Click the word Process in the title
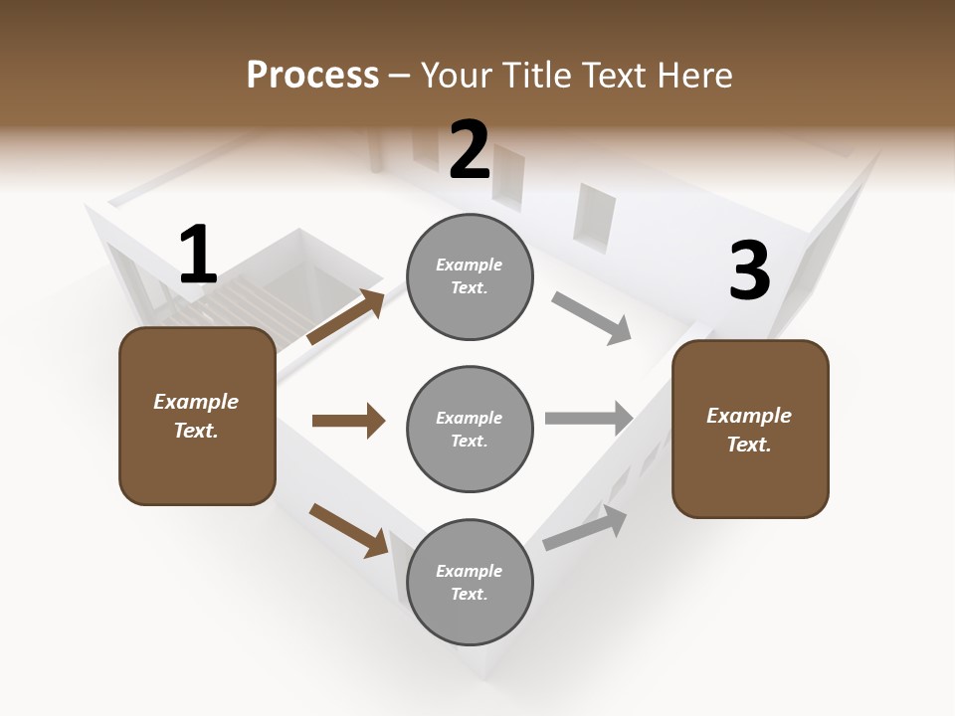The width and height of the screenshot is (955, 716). tap(312, 76)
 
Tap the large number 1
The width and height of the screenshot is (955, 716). tap(198, 256)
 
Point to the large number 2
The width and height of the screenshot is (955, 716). tap(470, 150)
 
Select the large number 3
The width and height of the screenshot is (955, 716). tap(749, 271)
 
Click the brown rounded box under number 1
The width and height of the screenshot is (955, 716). tap(197, 416)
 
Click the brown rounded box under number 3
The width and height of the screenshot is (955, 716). tap(750, 429)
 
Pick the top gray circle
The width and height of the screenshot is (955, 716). tap(470, 276)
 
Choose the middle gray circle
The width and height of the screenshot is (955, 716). tap(470, 429)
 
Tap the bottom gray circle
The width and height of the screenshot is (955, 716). tap(470, 582)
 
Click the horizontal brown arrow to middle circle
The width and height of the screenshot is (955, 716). tap(348, 421)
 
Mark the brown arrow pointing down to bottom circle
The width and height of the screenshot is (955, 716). tap(348, 529)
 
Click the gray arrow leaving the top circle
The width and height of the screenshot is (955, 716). tap(592, 318)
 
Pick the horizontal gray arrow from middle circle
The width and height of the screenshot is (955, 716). tap(589, 418)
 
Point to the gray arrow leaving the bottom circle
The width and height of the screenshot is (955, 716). tap(585, 527)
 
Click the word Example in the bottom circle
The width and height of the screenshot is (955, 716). tap(469, 571)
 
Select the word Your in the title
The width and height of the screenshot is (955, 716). tap(456, 76)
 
